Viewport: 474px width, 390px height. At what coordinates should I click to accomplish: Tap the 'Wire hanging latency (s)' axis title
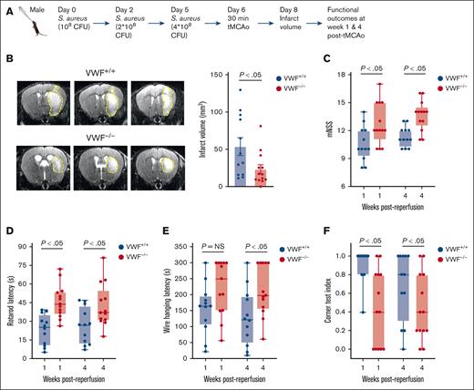[x=170, y=305]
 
